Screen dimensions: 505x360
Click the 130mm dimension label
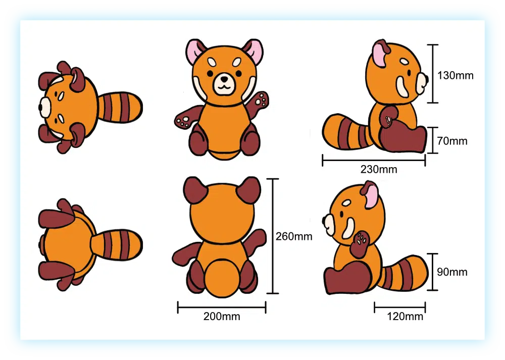click(455, 76)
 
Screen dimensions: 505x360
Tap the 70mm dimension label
click(452, 141)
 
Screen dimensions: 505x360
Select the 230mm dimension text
click(379, 169)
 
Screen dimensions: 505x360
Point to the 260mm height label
click(294, 237)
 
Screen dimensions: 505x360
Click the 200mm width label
click(222, 317)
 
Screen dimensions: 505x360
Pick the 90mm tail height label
click(452, 272)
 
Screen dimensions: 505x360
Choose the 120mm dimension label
click(405, 317)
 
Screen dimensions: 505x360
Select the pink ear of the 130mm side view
click(380, 55)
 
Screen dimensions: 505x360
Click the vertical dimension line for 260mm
click(273, 236)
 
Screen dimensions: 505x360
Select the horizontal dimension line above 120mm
click(399, 307)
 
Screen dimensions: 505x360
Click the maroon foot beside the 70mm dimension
click(404, 139)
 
